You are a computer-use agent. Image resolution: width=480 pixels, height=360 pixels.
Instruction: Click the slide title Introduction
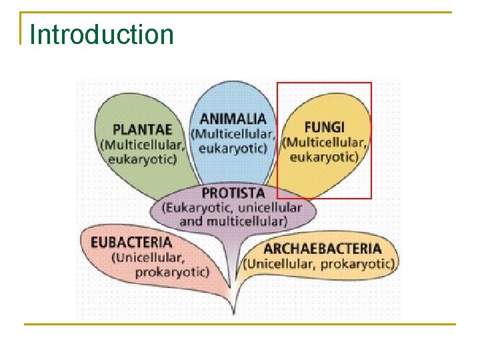tap(102, 35)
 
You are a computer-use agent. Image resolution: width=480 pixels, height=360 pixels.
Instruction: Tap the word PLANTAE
tap(142, 129)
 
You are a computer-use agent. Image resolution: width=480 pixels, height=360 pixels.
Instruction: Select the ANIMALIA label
tap(233, 119)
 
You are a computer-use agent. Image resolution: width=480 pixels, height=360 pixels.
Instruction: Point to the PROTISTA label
tap(233, 193)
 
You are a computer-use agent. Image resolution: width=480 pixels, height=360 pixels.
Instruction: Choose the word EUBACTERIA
tap(131, 243)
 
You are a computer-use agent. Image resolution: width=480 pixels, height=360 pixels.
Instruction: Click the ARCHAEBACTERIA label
tap(323, 249)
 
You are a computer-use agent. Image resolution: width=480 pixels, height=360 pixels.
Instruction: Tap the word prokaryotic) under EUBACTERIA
tap(172, 271)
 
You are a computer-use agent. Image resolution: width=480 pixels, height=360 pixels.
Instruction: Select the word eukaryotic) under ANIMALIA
tap(233, 147)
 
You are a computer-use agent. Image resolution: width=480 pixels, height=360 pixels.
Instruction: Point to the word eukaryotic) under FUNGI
tap(324, 156)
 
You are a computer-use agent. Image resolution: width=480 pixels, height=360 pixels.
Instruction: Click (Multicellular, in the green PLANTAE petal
tap(142, 144)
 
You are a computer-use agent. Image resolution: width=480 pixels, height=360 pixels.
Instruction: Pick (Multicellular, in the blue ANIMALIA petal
tap(233, 133)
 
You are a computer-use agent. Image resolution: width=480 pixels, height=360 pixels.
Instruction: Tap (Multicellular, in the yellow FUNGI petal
tap(325, 142)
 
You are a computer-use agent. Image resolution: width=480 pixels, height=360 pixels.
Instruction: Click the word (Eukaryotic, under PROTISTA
tap(197, 207)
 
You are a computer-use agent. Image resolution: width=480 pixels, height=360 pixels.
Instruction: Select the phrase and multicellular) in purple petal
tap(233, 221)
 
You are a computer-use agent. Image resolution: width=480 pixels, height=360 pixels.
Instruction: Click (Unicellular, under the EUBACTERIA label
tap(148, 257)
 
